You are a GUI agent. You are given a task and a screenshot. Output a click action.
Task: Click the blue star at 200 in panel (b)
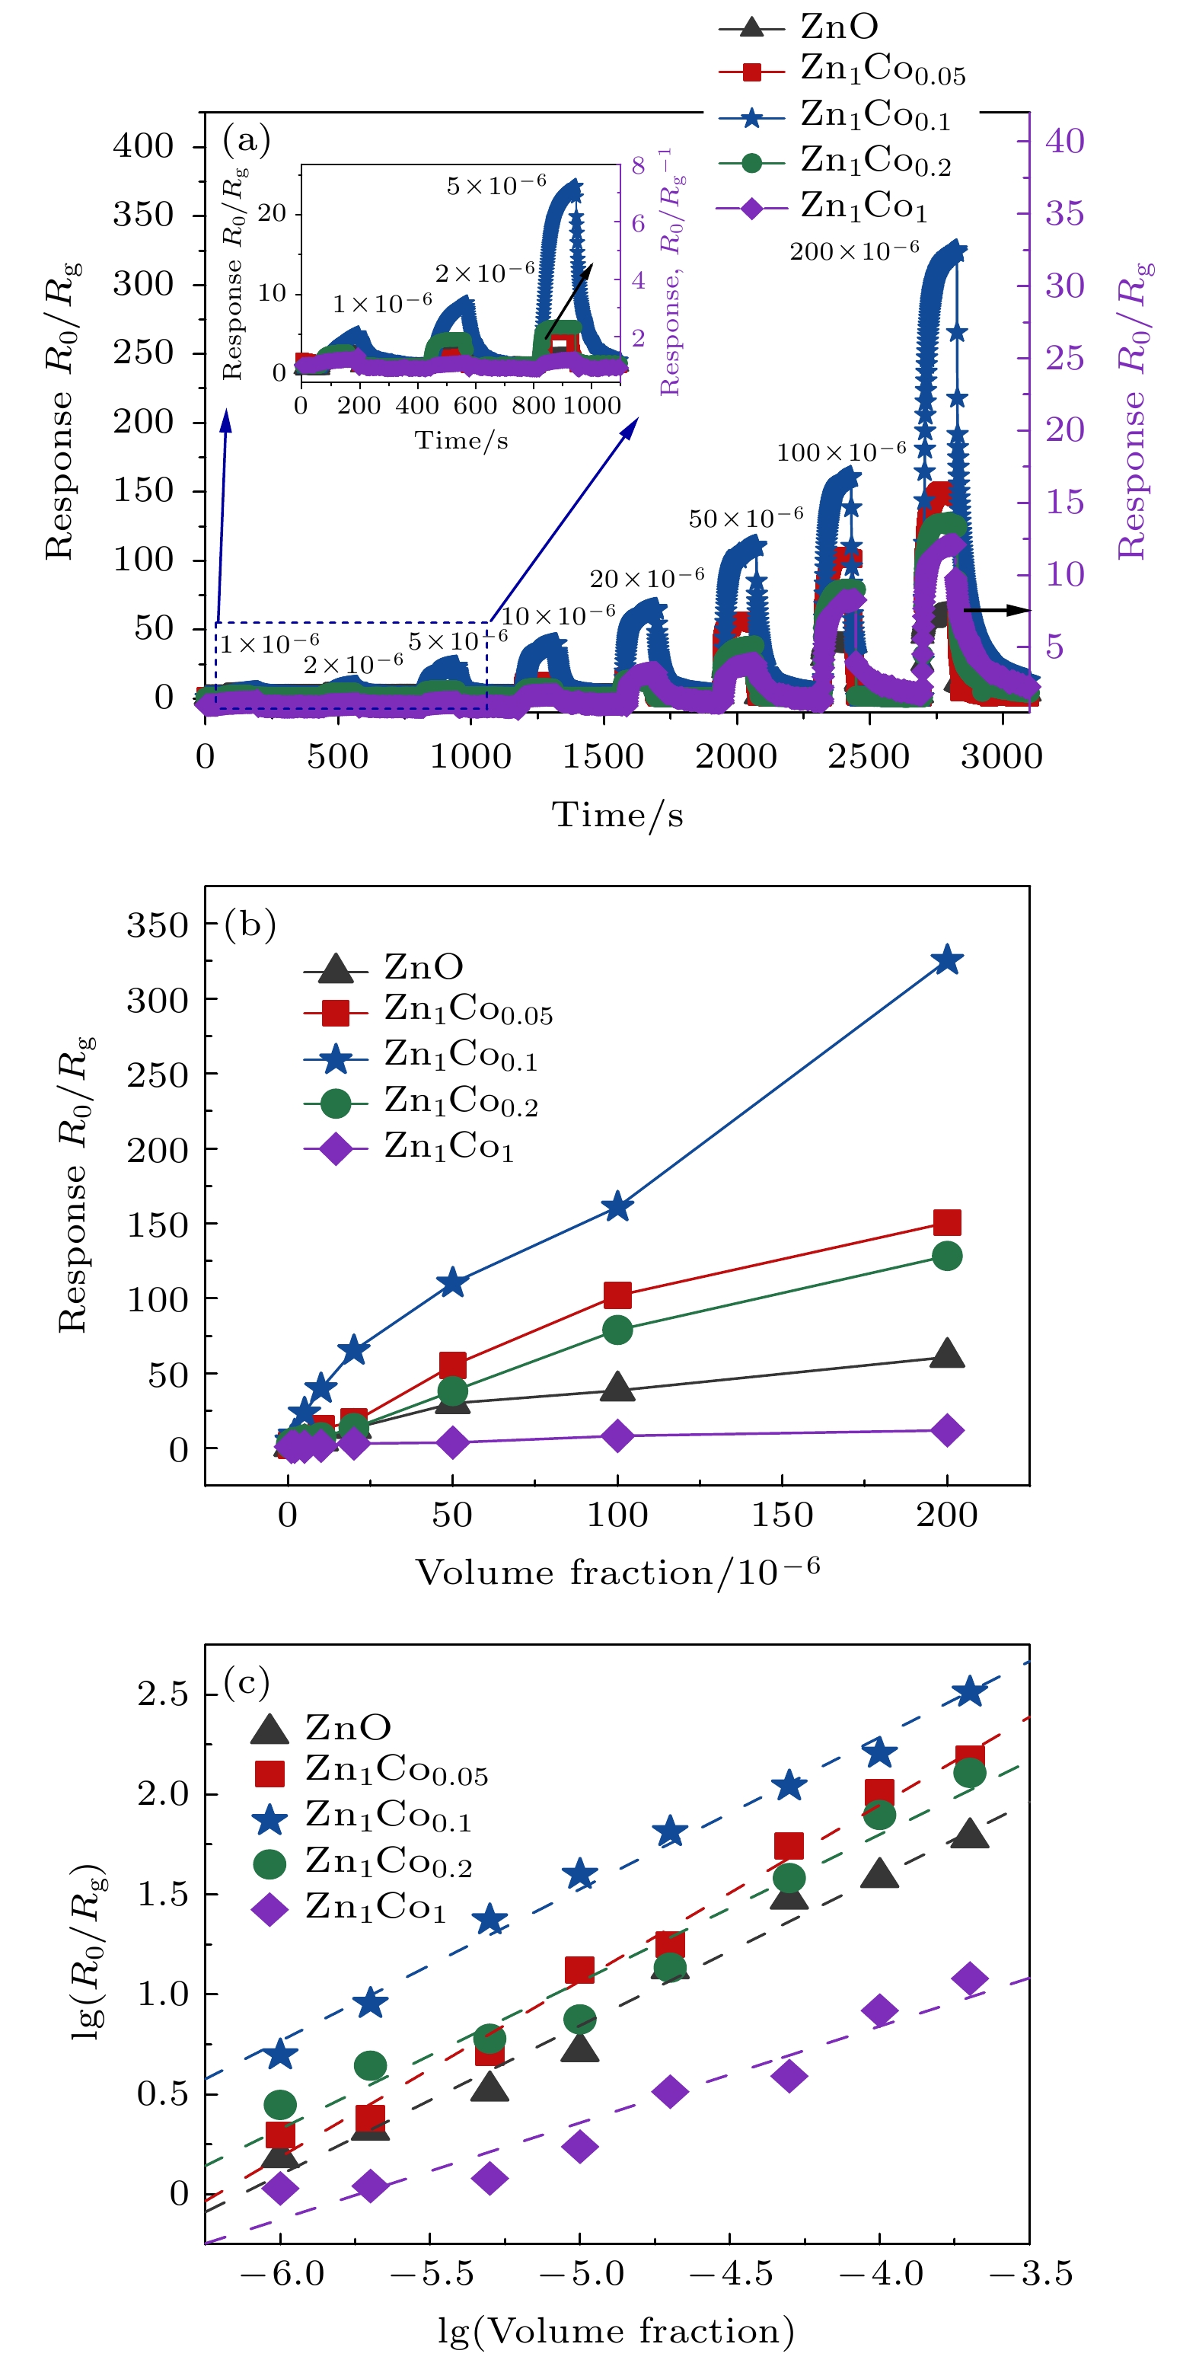click(x=946, y=960)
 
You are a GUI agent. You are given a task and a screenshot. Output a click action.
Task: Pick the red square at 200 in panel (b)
click(x=946, y=1222)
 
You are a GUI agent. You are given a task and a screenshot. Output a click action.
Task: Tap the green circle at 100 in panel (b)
click(x=617, y=1330)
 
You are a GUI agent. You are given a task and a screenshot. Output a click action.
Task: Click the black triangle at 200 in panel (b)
click(x=946, y=1354)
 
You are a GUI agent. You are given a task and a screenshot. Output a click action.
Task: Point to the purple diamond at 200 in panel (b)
click(x=946, y=1430)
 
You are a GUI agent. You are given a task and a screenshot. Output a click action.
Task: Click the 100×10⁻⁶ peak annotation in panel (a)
click(x=841, y=451)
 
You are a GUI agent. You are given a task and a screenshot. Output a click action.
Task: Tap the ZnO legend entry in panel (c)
click(x=348, y=1728)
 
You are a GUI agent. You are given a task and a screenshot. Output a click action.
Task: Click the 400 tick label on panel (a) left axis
click(x=143, y=145)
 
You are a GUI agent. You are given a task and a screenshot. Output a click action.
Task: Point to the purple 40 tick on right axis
click(x=1064, y=141)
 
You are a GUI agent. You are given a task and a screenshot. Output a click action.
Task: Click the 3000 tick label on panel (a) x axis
click(x=1001, y=757)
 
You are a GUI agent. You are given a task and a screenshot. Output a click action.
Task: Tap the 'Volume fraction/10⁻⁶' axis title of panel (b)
click(x=617, y=1572)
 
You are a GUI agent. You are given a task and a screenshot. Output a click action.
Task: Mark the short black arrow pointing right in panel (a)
click(x=997, y=609)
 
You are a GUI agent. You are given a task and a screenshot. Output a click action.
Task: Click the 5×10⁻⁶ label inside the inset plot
click(x=496, y=185)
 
